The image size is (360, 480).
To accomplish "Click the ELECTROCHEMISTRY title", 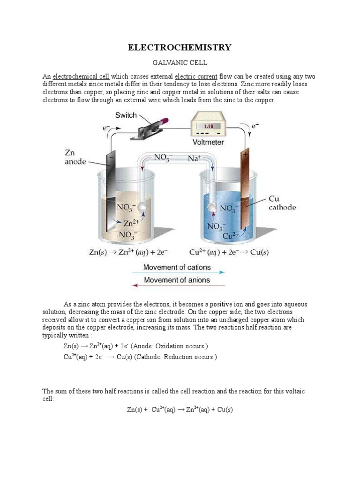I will tap(180, 47).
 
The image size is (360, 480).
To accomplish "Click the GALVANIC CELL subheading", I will tap(180, 62).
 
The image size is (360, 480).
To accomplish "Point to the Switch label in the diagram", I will tap(126, 115).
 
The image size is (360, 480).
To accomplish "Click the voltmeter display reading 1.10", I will tap(208, 126).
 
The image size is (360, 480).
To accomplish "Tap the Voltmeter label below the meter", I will tap(209, 142).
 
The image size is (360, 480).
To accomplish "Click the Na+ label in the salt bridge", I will tap(195, 159).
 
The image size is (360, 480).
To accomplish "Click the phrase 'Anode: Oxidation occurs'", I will tap(169, 346).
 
